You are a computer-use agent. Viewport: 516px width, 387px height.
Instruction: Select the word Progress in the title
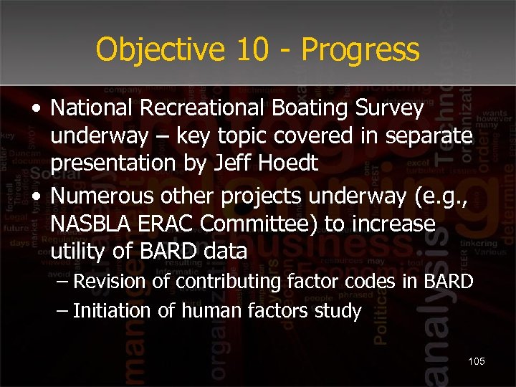tap(360, 50)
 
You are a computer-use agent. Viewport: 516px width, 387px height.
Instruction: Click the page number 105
tap(476, 361)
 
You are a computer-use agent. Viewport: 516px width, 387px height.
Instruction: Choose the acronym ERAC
tap(167, 224)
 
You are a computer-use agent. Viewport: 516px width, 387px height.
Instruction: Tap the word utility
tap(75, 252)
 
